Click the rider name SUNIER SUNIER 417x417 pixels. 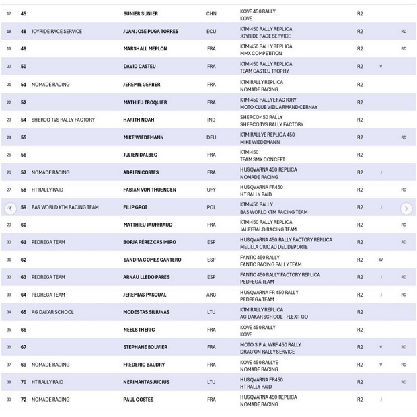140,13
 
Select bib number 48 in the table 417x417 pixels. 24,31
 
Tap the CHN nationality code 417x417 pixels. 211,13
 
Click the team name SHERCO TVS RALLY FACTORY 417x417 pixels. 63,120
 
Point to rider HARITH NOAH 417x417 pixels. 139,120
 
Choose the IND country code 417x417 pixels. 211,120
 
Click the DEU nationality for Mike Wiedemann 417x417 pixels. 211,137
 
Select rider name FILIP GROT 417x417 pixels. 135,207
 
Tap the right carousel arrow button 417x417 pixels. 406,208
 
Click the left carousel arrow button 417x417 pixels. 10,208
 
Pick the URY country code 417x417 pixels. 211,190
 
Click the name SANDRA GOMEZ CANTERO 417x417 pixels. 152,260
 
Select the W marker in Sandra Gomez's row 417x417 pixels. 381,260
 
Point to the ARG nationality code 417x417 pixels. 211,295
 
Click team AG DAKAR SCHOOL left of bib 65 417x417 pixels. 52,312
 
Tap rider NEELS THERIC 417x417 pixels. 139,330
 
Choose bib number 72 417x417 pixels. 24,400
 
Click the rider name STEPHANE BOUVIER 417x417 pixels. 145,347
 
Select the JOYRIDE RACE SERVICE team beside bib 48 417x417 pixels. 56,31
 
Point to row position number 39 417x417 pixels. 9,400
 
